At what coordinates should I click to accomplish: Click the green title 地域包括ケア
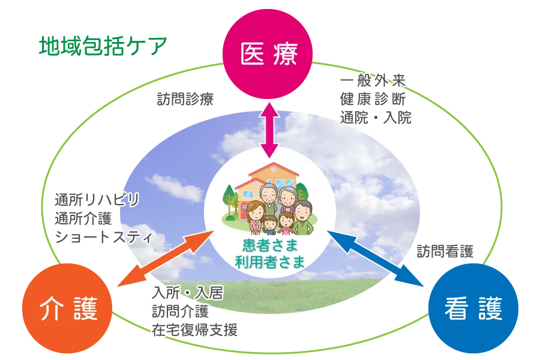click(103, 46)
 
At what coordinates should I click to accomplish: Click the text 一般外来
click(374, 81)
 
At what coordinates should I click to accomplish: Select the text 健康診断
click(374, 99)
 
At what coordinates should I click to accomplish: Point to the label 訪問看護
click(446, 251)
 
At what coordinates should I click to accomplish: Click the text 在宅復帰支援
click(195, 329)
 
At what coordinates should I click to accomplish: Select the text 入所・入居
click(187, 293)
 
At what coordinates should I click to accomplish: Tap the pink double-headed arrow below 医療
click(269, 128)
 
